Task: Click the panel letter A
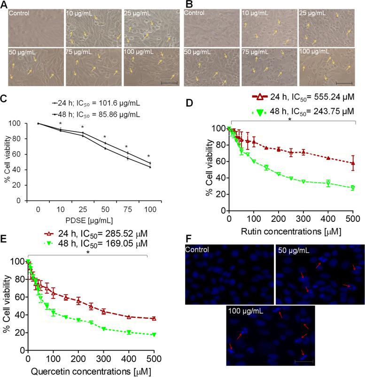point(4,4)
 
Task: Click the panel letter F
point(187,240)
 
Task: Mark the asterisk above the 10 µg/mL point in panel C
point(60,124)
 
